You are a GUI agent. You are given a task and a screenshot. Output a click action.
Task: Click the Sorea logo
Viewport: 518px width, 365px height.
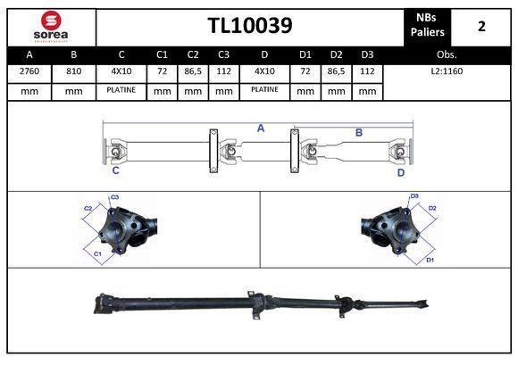[x=51, y=27]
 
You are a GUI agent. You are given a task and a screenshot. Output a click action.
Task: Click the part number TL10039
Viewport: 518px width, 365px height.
[x=250, y=25]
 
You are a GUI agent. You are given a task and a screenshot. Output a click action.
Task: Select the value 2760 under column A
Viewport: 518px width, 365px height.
[x=29, y=71]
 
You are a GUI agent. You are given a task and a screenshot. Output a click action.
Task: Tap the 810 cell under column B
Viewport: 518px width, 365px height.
[x=73, y=71]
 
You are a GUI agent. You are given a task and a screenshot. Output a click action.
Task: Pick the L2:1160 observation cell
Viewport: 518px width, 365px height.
[x=447, y=71]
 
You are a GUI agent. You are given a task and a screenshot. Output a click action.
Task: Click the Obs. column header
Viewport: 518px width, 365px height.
[x=447, y=54]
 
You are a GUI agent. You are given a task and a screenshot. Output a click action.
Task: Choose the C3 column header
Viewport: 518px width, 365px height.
[x=223, y=54]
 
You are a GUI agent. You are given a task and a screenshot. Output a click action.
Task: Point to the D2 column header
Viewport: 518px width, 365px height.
[x=337, y=54]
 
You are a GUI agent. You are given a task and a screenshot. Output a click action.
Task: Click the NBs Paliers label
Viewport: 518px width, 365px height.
[x=427, y=25]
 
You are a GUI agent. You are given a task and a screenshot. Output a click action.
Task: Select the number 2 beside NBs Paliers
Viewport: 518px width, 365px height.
[x=481, y=26]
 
